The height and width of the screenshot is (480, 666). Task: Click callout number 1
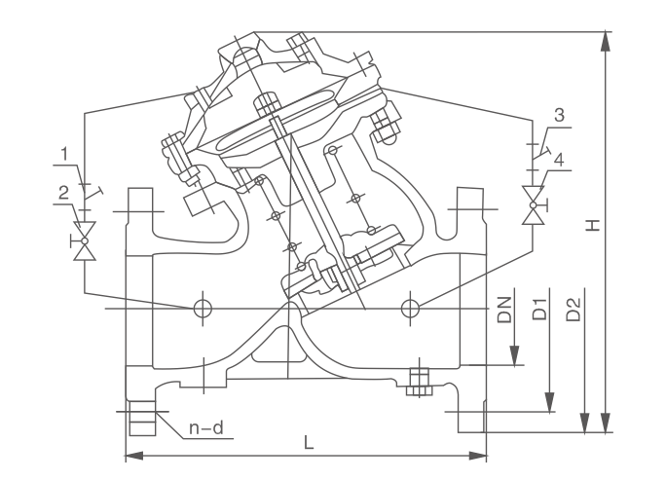[63, 153]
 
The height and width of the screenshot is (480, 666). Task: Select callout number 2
[63, 192]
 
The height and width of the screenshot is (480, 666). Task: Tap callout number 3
[558, 115]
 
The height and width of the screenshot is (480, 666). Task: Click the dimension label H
[592, 225]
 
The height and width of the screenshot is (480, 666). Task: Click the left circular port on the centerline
[203, 309]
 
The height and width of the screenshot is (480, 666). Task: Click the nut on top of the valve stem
[267, 101]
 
